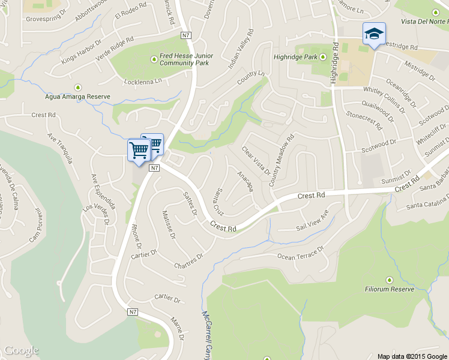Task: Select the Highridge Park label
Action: (294, 57)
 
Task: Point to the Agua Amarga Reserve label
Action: (78, 97)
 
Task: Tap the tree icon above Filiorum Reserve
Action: (389, 279)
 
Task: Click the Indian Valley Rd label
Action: (241, 50)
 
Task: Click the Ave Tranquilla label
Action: (61, 149)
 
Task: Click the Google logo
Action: (21, 350)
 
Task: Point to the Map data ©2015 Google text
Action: (412, 356)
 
